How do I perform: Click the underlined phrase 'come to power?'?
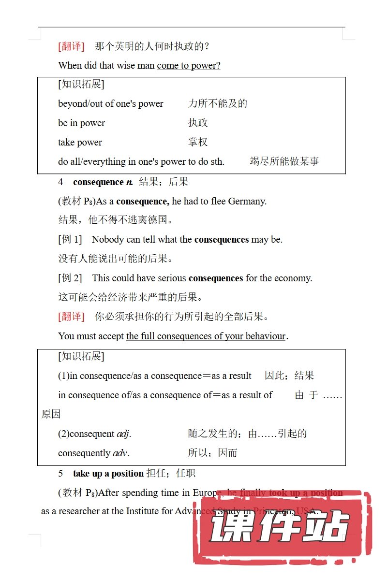coord(189,66)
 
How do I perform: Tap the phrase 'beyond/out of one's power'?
coord(111,104)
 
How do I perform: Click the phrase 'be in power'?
coord(81,123)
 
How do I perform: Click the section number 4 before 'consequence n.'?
coord(61,182)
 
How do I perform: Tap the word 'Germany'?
coord(247,201)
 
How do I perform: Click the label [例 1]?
coord(70,239)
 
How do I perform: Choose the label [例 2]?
coord(70,278)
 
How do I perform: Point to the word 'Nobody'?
coord(107,239)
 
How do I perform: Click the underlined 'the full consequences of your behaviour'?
coord(206,336)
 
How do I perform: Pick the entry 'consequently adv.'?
coord(94,453)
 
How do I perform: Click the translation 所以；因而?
coord(212,453)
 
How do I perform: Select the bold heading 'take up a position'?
coord(108,474)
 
